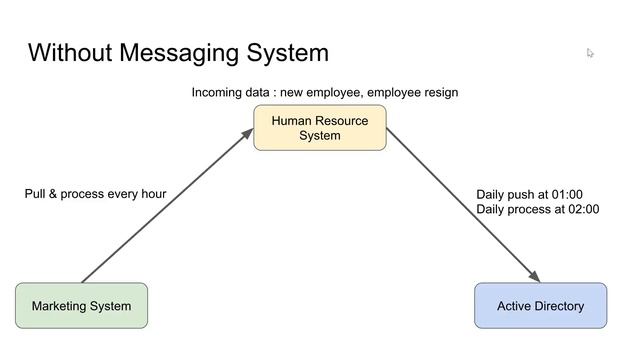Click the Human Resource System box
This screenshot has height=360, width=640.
(319, 128)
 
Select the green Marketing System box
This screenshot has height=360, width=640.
(81, 305)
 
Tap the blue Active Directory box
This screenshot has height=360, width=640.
(540, 305)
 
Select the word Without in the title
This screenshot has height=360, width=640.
(68, 53)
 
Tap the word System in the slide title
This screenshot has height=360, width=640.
(288, 53)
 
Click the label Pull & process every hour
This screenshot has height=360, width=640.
(95, 194)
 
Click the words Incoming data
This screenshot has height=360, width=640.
(231, 93)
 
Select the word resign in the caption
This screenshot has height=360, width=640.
(438, 93)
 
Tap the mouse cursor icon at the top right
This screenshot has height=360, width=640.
(591, 53)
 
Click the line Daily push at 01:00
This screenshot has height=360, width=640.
(529, 195)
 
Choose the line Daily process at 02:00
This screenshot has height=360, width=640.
(537, 210)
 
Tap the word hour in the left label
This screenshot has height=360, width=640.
(152, 194)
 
